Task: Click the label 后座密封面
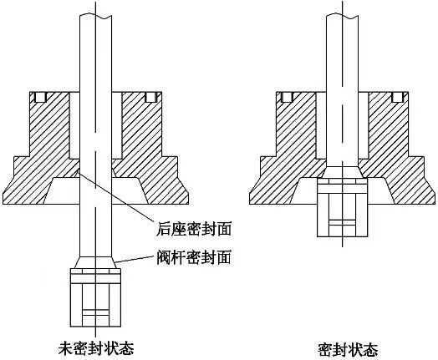pyautogui.click(x=194, y=229)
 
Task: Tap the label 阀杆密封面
pyautogui.click(x=194, y=257)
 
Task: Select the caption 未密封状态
pyautogui.click(x=96, y=348)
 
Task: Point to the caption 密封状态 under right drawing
pyautogui.click(x=348, y=350)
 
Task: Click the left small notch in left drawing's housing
pyautogui.click(x=41, y=97)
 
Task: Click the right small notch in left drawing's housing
pyautogui.click(x=150, y=97)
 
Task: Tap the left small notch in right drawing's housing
pyautogui.click(x=287, y=97)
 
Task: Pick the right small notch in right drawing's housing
pyautogui.click(x=397, y=97)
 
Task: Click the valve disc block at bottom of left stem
pyautogui.click(x=95, y=297)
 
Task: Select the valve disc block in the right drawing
pyautogui.click(x=342, y=207)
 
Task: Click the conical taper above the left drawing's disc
pyautogui.click(x=95, y=262)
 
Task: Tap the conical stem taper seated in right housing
pyautogui.click(x=343, y=172)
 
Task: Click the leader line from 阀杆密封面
pyautogui.click(x=135, y=259)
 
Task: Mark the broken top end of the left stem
pyautogui.click(x=95, y=16)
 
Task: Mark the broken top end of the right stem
pyautogui.click(x=342, y=16)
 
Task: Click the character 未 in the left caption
pyautogui.click(x=65, y=348)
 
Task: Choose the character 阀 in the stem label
pyautogui.click(x=163, y=257)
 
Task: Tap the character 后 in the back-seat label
pyautogui.click(x=163, y=229)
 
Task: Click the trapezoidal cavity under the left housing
pyautogui.click(x=95, y=191)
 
